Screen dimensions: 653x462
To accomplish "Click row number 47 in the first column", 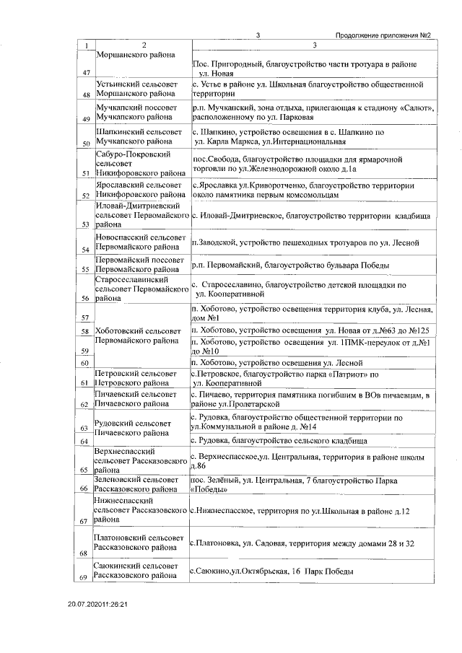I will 87,73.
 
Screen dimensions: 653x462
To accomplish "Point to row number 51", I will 87,173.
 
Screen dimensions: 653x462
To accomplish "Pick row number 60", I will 87,363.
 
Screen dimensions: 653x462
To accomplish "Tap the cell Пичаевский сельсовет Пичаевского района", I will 136,400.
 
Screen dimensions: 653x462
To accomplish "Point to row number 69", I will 87,579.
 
